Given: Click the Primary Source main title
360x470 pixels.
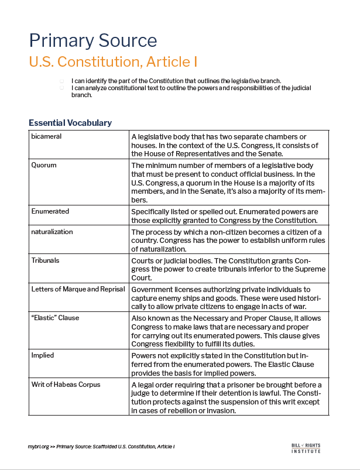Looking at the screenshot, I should [x=93, y=40].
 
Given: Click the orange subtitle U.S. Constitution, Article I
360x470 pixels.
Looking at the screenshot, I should [x=113, y=61].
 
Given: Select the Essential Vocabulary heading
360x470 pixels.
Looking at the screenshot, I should [x=70, y=123].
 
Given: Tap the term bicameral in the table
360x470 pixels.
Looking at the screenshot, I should [x=46, y=136].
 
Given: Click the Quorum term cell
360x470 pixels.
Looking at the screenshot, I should [x=44, y=165].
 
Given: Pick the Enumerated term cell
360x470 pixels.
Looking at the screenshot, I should [x=50, y=211].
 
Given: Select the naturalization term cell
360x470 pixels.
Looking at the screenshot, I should [x=52, y=232].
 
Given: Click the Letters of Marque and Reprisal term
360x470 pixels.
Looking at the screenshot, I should [x=78, y=289].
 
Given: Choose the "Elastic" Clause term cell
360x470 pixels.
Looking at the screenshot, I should [x=55, y=318].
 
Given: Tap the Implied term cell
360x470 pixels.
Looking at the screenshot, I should [x=42, y=355].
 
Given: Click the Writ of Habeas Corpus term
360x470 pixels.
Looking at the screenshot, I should [x=66, y=384].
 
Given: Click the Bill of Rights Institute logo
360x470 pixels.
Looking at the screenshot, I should [x=306, y=448].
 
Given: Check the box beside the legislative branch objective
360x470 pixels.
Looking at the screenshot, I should [x=61, y=81].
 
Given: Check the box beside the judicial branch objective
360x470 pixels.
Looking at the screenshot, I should [x=61, y=87].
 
